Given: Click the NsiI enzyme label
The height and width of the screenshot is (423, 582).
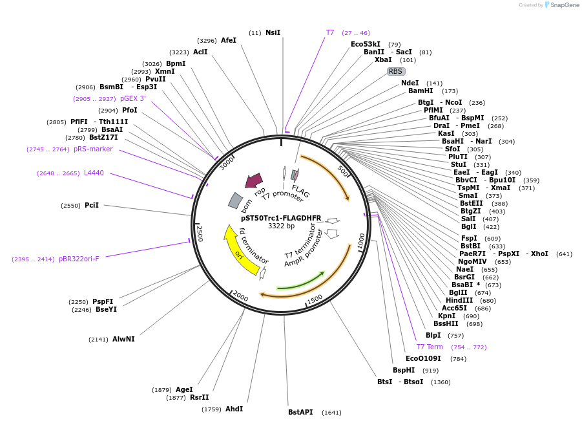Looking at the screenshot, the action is tap(273, 32).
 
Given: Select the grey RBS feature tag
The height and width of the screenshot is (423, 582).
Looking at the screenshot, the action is tap(396, 71).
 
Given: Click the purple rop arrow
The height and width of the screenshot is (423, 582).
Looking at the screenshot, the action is tap(254, 180).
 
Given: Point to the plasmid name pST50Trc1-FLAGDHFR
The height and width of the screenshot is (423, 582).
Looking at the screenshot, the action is tap(281, 218).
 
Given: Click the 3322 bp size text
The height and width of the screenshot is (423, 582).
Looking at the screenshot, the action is tap(281, 226).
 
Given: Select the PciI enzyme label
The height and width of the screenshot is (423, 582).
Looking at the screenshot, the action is tap(92, 205).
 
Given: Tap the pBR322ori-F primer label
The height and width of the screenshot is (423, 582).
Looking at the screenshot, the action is tap(79, 259).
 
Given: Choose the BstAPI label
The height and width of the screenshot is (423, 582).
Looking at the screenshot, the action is tap(300, 412).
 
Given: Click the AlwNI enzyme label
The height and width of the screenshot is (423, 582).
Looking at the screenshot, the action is tap(123, 339).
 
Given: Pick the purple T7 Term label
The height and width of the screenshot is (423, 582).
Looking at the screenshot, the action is tap(430, 347).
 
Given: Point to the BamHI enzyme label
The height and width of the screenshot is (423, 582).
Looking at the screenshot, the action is tap(421, 91).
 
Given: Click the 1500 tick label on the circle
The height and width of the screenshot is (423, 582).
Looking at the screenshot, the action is tap(315, 299).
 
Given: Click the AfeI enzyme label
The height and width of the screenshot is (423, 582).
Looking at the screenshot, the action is tap(229, 40).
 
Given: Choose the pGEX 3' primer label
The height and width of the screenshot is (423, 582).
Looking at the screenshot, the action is tap(133, 98).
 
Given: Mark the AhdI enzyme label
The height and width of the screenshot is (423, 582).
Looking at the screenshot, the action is tap(234, 409).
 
